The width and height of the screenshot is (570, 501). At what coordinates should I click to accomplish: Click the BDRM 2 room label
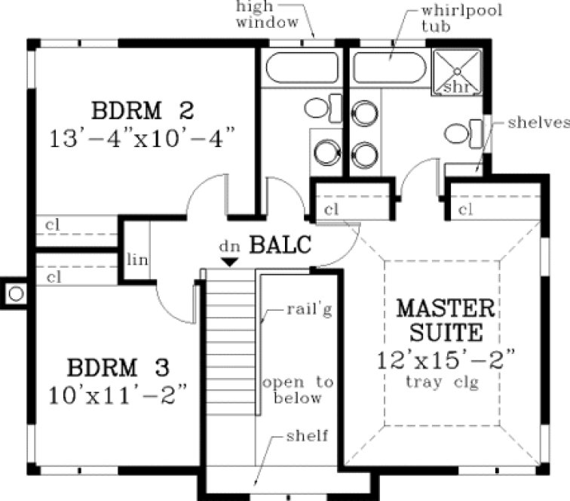coord(142,110)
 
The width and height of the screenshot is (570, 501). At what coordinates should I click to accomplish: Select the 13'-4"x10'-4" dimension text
coord(142,139)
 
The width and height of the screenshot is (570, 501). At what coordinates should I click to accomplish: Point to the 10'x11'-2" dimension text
coord(118,394)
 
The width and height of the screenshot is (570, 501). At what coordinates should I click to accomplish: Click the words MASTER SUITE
coord(446,320)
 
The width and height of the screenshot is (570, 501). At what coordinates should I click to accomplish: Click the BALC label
coord(280,244)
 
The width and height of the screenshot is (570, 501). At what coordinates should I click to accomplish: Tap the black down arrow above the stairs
coord(229,261)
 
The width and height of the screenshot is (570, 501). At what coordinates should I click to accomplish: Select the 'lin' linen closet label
coord(138,261)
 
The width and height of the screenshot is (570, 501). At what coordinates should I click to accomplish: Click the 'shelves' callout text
coord(537,122)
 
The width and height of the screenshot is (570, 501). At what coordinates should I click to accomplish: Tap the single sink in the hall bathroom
coord(326,152)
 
